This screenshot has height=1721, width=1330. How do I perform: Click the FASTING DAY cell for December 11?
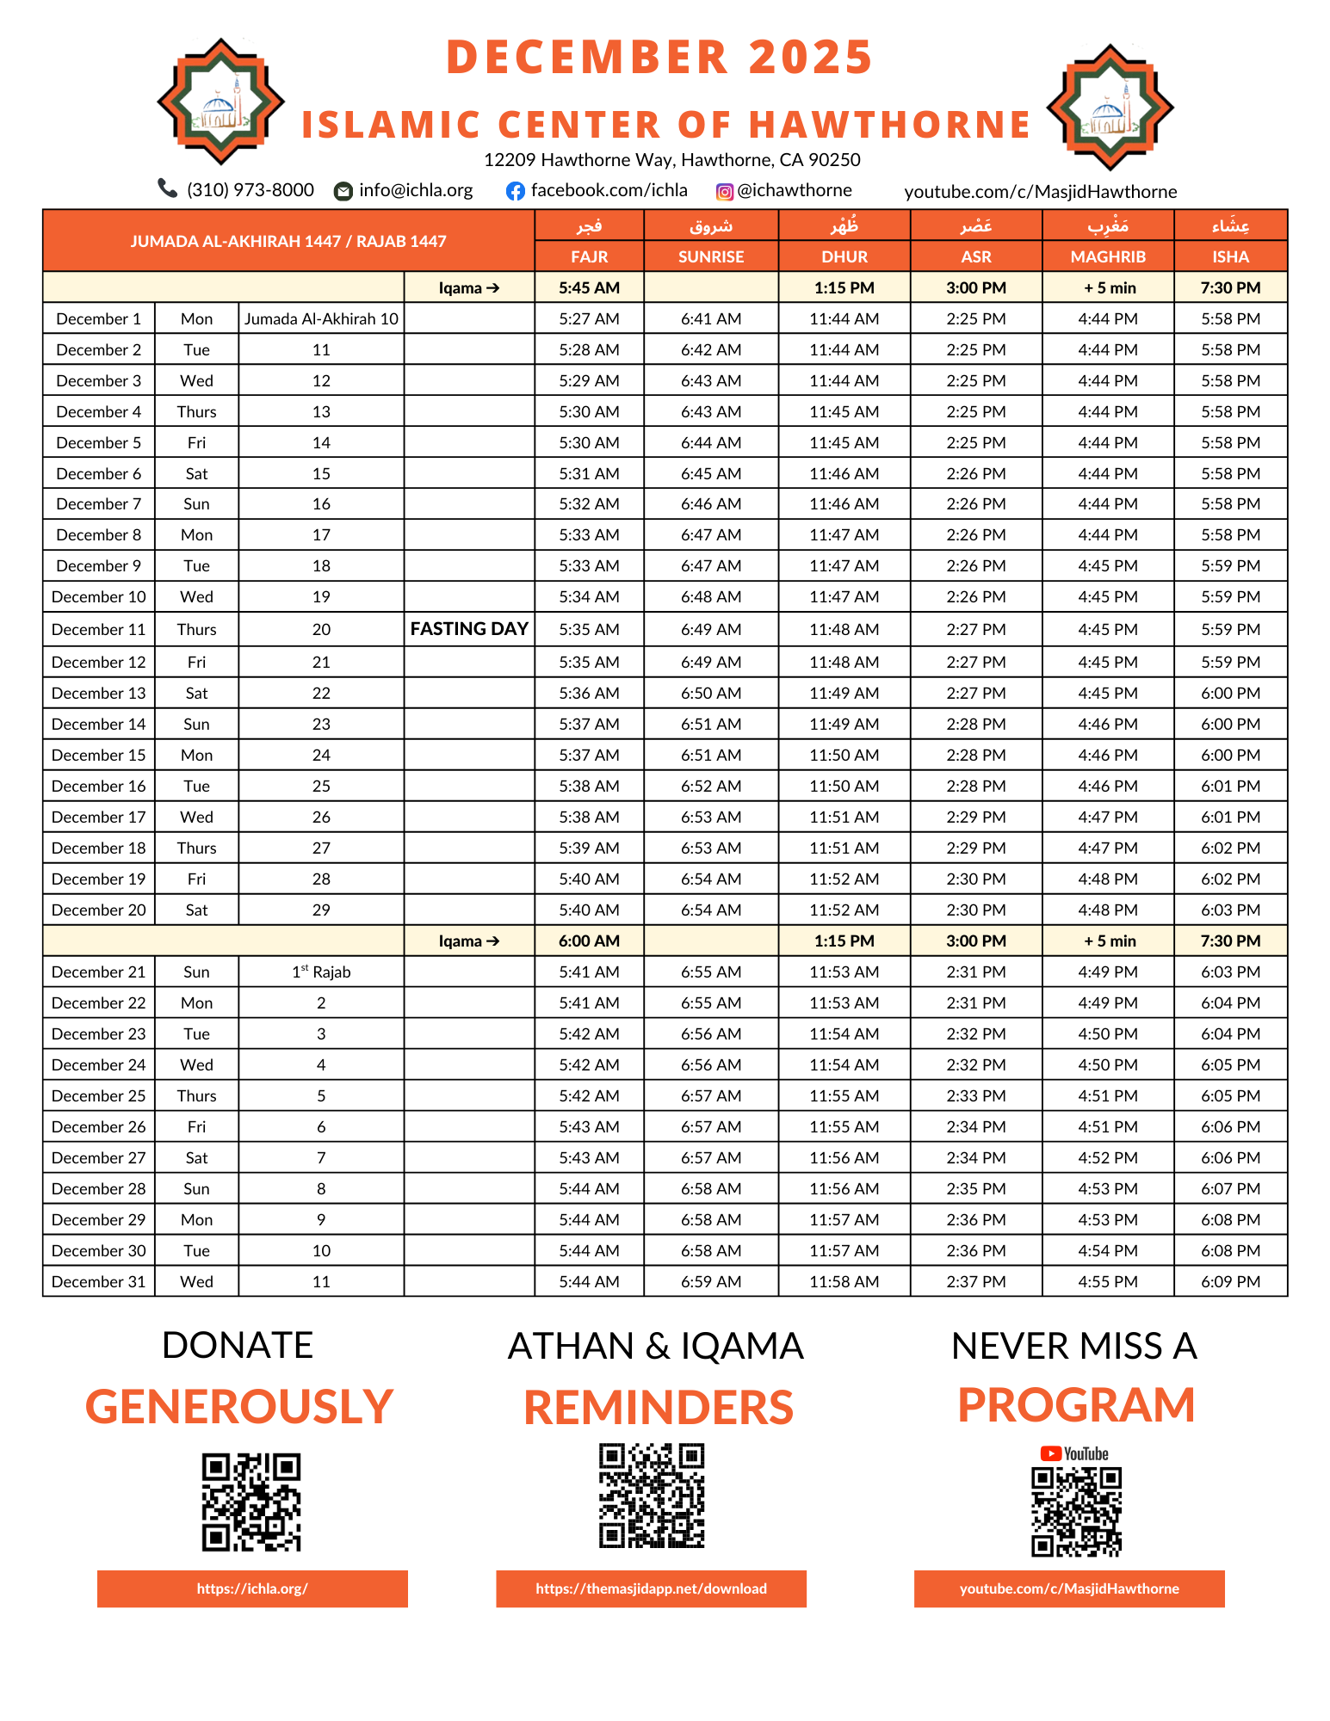point(469,629)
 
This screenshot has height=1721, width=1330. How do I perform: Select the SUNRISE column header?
point(711,256)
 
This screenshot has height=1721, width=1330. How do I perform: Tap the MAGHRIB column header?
point(1108,256)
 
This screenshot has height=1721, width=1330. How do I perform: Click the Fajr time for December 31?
point(589,1281)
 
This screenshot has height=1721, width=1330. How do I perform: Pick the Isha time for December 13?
point(1230,693)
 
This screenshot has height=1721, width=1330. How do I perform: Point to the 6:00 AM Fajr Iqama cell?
point(589,941)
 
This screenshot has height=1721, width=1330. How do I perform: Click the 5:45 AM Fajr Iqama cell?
point(589,287)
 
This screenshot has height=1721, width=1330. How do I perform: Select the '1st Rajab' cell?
point(321,972)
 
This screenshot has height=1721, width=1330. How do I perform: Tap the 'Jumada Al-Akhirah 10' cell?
point(321,318)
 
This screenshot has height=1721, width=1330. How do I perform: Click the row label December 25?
point(99,1095)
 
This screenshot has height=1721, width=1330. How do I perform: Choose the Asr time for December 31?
point(975,1281)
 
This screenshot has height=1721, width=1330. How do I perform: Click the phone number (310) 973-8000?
point(251,189)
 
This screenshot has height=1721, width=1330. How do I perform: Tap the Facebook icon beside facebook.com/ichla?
point(515,191)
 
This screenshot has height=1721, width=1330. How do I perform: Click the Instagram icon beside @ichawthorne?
point(725,192)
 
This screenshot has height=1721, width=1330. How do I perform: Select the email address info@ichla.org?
point(416,190)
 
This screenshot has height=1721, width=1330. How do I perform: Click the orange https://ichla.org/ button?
point(252,1588)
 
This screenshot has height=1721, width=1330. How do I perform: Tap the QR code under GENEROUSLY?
point(251,1502)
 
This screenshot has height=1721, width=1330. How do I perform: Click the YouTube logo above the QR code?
point(1074,1453)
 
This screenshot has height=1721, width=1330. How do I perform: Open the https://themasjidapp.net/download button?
point(651,1588)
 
